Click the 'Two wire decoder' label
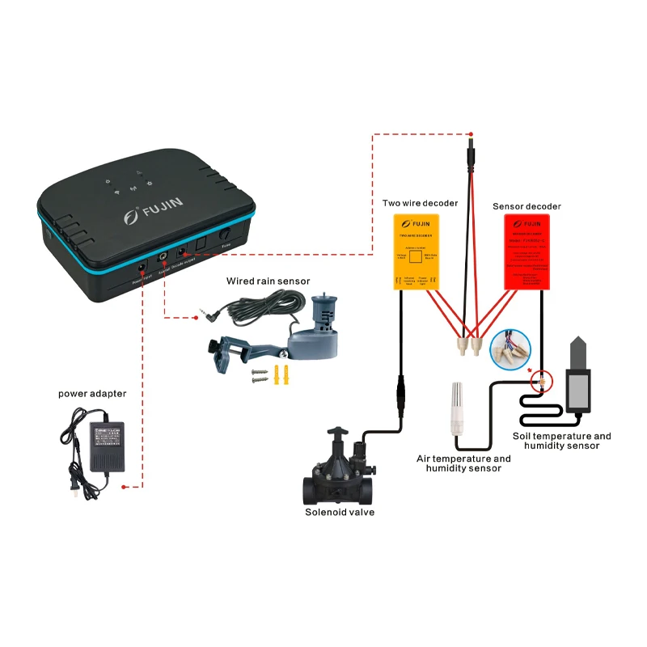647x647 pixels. (x=420, y=203)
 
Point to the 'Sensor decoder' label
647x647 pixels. (x=526, y=206)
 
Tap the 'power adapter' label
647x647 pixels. (x=92, y=394)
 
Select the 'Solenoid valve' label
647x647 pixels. (x=340, y=511)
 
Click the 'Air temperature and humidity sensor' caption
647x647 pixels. (x=463, y=463)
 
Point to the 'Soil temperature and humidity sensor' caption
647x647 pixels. (x=561, y=441)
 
